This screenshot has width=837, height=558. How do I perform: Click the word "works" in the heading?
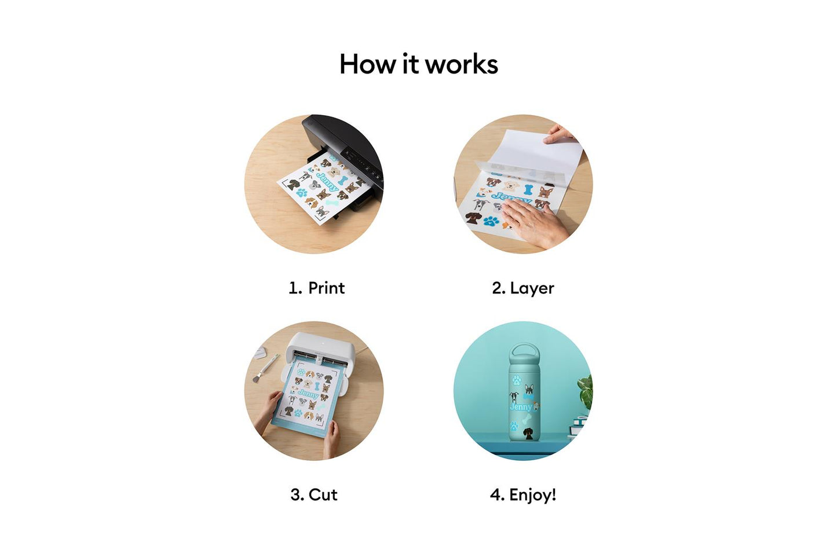[x=462, y=65]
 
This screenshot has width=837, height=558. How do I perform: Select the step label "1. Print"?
[x=316, y=288]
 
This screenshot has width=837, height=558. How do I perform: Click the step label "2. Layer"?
[x=522, y=288]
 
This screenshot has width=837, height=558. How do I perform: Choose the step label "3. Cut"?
[x=313, y=494]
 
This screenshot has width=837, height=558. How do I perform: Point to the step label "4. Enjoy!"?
[x=522, y=494]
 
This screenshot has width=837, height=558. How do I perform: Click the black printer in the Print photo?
[x=348, y=142]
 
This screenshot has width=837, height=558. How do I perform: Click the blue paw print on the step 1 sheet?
[x=302, y=193]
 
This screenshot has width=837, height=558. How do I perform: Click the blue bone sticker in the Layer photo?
[x=528, y=189]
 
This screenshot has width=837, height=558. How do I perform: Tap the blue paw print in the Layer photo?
[x=491, y=221]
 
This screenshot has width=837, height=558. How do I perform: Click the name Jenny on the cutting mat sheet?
[x=308, y=394]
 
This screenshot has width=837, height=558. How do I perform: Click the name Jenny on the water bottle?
[x=520, y=407]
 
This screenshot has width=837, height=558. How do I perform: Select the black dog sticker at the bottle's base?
[x=528, y=434]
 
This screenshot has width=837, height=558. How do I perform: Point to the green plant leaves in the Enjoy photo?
[x=586, y=390]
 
